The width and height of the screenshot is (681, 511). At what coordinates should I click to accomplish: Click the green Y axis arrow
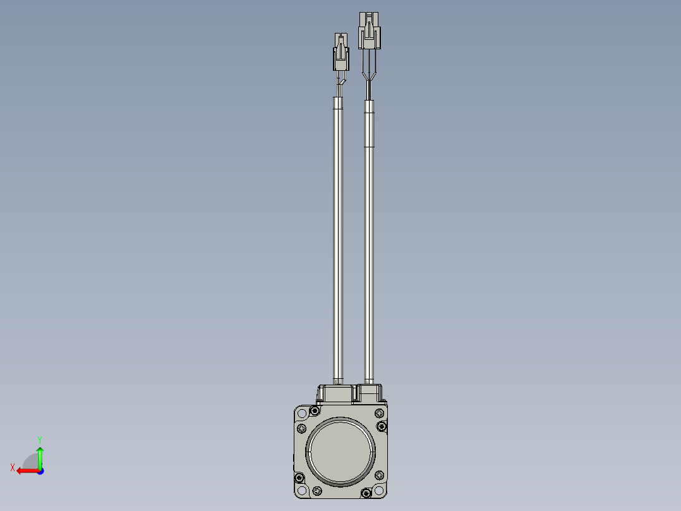click(40, 457)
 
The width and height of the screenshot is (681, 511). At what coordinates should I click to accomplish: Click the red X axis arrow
click(28, 471)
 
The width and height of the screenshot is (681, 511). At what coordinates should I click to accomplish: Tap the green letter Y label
click(40, 440)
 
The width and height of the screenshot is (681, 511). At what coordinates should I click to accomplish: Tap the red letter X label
click(13, 467)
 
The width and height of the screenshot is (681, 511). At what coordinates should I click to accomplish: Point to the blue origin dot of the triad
click(40, 471)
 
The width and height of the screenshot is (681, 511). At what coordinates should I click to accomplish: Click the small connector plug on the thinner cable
click(341, 52)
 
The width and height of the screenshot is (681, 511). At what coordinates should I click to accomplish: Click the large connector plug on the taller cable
click(369, 30)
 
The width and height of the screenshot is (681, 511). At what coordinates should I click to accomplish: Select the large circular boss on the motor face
click(340, 451)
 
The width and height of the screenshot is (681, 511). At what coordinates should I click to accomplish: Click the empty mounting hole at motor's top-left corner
click(302, 413)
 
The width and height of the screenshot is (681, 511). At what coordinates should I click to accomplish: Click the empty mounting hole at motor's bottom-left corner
click(302, 491)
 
